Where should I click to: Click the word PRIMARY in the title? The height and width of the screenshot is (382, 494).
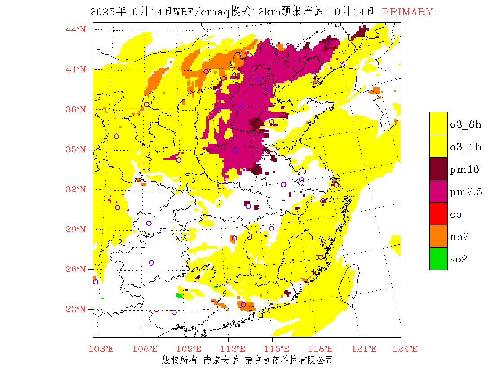click(407, 12)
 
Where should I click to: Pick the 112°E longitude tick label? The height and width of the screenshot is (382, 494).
click(236, 349)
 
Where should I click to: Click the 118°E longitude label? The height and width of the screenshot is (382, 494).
click(323, 349)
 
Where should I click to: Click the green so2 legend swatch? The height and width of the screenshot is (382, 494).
click(438, 258)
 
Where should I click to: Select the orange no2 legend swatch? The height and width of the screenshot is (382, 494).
click(438, 236)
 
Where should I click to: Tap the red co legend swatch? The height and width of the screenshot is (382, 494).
click(438, 213)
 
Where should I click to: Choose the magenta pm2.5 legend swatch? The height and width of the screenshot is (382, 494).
click(438, 191)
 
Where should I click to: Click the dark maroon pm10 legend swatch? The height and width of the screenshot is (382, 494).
click(438, 169)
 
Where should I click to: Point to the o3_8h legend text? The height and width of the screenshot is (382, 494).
click(466, 124)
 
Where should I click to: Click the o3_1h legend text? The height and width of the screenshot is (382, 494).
click(466, 147)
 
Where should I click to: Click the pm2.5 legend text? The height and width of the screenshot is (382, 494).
click(466, 192)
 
